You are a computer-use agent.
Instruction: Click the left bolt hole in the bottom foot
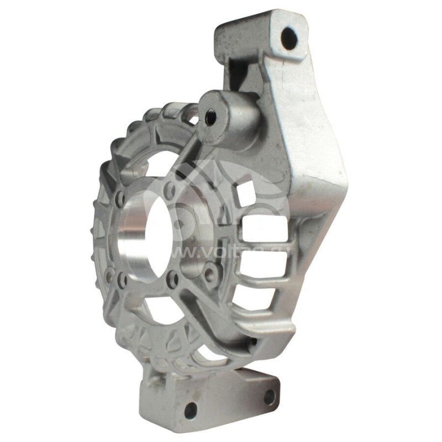tap(190, 409)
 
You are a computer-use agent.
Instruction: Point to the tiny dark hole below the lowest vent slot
tap(252, 341)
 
